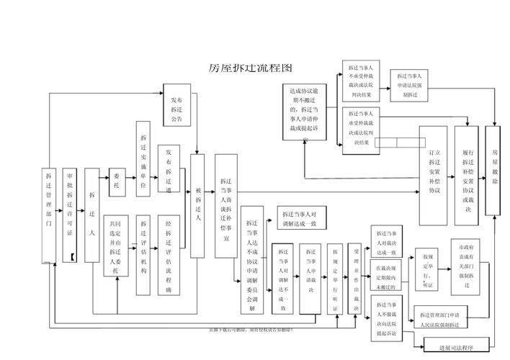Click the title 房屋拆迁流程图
(250, 68)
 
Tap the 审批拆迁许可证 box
(70, 215)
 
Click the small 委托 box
(117, 181)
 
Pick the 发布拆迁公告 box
(177, 105)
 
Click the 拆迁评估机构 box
(143, 254)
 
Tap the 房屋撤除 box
(494, 170)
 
